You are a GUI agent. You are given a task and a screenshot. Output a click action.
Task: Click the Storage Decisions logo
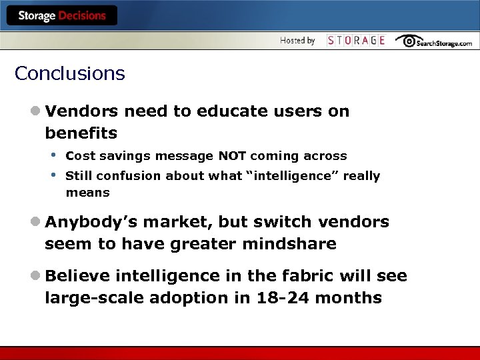61,15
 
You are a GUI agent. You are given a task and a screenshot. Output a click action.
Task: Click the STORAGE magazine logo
356,41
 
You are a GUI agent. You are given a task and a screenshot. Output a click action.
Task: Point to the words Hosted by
297,41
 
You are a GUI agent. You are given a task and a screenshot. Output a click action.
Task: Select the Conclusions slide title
69,73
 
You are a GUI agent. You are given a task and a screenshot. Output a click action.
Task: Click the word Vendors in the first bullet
82,111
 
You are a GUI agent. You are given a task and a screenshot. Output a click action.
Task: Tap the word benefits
81,133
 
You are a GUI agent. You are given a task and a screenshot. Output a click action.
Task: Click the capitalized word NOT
233,156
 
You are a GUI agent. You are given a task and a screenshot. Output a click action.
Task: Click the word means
87,193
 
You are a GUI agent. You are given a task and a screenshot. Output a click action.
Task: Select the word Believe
77,276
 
